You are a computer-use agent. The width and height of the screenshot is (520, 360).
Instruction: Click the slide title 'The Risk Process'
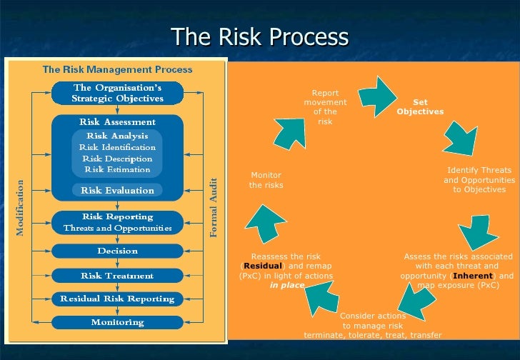[259, 36]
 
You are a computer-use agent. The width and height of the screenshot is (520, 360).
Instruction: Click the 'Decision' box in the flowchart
[117, 251]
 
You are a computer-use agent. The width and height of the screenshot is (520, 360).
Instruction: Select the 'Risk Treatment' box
[117, 276]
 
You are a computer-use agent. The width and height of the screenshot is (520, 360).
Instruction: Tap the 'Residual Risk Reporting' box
[117, 299]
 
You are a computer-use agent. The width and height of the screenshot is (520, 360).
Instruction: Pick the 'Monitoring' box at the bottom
[117, 322]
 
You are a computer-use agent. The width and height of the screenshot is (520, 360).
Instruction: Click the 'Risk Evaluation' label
[117, 191]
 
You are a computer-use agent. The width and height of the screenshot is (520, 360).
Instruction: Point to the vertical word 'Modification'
[20, 208]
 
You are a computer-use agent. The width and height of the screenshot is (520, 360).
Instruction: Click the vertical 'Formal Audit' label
[213, 208]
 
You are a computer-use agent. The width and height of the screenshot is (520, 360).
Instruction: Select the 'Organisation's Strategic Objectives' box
[117, 92]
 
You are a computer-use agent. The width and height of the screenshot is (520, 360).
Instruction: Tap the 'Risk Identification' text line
[117, 147]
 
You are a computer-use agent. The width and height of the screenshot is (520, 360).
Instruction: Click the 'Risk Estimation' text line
[117, 170]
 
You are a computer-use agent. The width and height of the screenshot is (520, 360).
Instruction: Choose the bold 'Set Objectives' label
[420, 107]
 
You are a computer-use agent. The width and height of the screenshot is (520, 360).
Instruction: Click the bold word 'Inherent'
[473, 276]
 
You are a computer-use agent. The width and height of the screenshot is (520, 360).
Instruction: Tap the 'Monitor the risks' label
[266, 180]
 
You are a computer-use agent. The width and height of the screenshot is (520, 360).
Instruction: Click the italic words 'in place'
[287, 286]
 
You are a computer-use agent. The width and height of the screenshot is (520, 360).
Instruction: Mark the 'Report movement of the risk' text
[325, 107]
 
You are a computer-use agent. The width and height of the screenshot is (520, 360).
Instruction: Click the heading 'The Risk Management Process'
[117, 70]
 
